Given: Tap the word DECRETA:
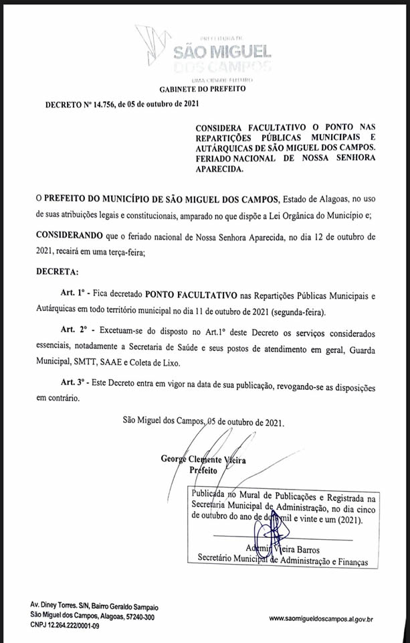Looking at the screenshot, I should pos(57,273).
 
